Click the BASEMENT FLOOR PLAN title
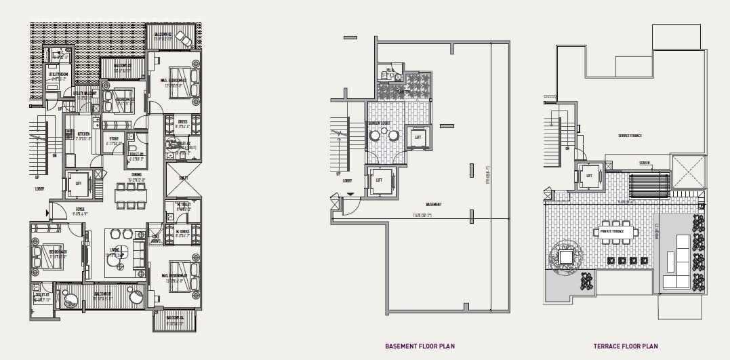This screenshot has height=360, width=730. click(420, 346)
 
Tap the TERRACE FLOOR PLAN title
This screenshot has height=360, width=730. click(625, 346)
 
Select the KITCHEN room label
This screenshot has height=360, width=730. click(84, 134)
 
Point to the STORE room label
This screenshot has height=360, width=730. click(115, 140)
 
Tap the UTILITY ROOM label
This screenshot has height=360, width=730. click(58, 74)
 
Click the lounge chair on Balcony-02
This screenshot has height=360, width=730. click(183, 37)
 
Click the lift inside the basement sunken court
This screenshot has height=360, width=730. click(418, 136)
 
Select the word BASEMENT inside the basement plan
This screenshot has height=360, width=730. click(434, 204)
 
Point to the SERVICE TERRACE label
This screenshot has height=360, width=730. click(630, 136)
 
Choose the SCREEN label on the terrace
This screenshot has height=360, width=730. click(644, 163)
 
